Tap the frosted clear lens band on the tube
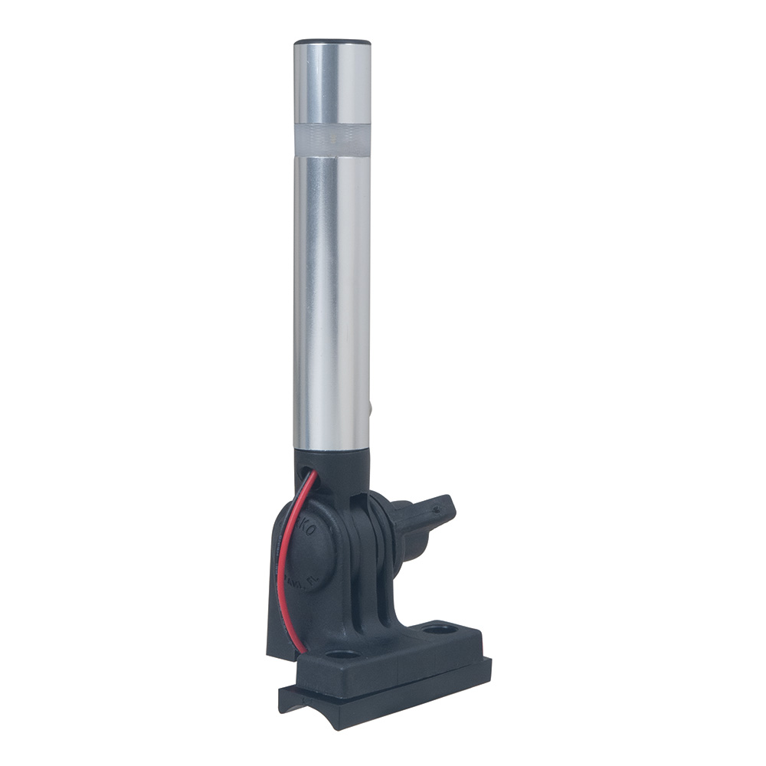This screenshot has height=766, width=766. point(332,139)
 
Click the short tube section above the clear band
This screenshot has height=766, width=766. point(332,84)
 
